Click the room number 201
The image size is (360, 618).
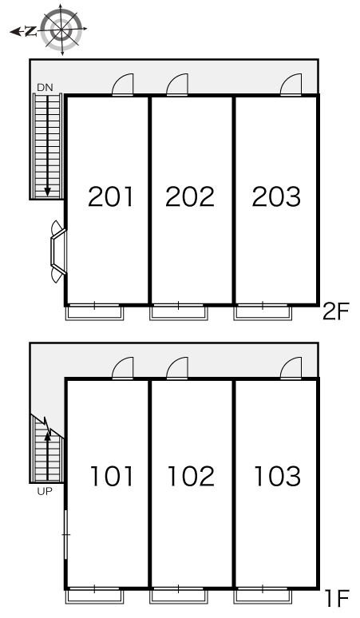coord(111,196)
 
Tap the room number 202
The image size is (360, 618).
coord(190,196)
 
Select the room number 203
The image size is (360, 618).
coord(276,196)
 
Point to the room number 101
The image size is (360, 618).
coord(112,476)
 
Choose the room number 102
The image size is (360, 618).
coord(191,476)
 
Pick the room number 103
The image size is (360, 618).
coord(278,476)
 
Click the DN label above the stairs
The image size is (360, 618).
coord(45,88)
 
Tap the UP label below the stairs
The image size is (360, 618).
coord(45,491)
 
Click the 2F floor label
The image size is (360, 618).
coord(336,311)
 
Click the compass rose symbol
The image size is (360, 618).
coord(61,30)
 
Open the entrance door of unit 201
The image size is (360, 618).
coord(123,85)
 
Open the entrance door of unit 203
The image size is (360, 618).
coord(291,85)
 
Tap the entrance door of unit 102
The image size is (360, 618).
coord(177,368)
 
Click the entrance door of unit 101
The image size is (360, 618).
coord(123,368)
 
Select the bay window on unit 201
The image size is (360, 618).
coord(58,252)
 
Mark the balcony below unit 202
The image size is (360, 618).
coord(179,312)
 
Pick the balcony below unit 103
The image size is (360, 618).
coord(263,596)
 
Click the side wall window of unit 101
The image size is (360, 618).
coord(65,535)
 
